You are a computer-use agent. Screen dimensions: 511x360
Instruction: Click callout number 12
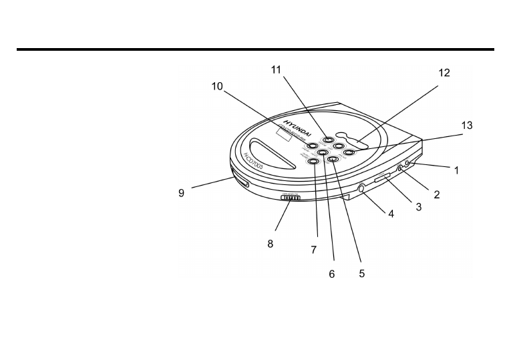pos(444,74)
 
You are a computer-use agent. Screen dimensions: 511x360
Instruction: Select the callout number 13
pos(467,126)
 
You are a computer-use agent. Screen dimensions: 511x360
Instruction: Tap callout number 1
pos(456,171)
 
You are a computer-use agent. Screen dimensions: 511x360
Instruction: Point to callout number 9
pos(180,194)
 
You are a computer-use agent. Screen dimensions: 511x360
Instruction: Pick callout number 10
pos(218,87)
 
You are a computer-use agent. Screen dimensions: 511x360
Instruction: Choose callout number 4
pos(391,215)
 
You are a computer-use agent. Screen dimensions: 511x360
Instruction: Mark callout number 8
pos(271,244)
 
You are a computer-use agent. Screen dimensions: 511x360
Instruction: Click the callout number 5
pos(361,273)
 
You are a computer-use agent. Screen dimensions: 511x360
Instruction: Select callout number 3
pos(419,207)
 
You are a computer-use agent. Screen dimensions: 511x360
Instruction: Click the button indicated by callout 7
pos(313,160)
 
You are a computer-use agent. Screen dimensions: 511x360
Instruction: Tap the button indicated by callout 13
pos(348,152)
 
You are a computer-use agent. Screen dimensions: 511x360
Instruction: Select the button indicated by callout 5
pos(333,159)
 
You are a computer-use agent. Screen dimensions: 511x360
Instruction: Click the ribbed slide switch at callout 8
pos(290,197)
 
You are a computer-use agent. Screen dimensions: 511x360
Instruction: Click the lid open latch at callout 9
pos(241,182)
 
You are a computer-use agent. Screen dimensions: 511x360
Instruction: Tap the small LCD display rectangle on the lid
pos(281,136)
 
